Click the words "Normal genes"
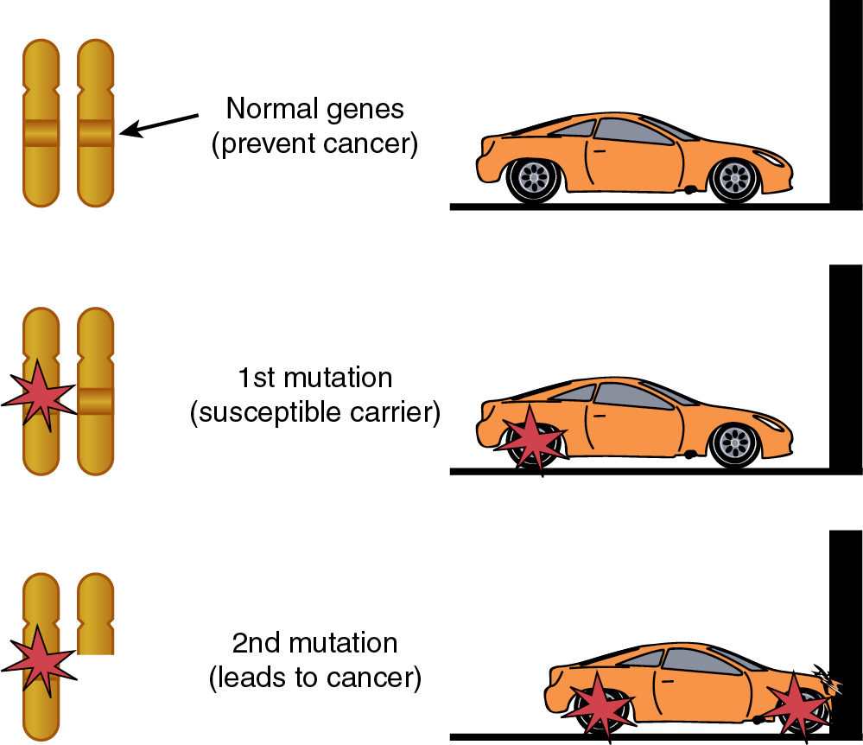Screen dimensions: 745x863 point(314,109)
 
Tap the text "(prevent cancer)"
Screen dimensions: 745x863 point(314,143)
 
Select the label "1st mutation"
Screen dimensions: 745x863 point(314,378)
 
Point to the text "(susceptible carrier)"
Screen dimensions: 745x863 point(314,412)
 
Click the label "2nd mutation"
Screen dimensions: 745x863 point(314,643)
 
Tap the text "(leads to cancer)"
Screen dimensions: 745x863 point(314,678)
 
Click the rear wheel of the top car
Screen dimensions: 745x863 point(535,177)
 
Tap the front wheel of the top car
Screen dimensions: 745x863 point(735,177)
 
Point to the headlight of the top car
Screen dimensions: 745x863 point(768,156)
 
